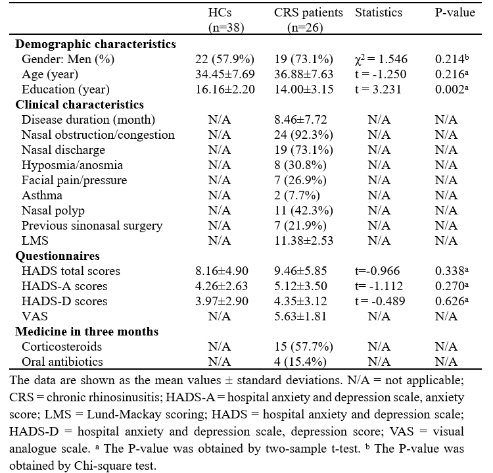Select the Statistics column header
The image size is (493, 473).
click(379, 12)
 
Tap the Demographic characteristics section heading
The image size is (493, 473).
click(95, 44)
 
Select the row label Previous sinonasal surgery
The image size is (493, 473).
click(92, 226)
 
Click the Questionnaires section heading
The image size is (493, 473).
click(56, 256)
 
